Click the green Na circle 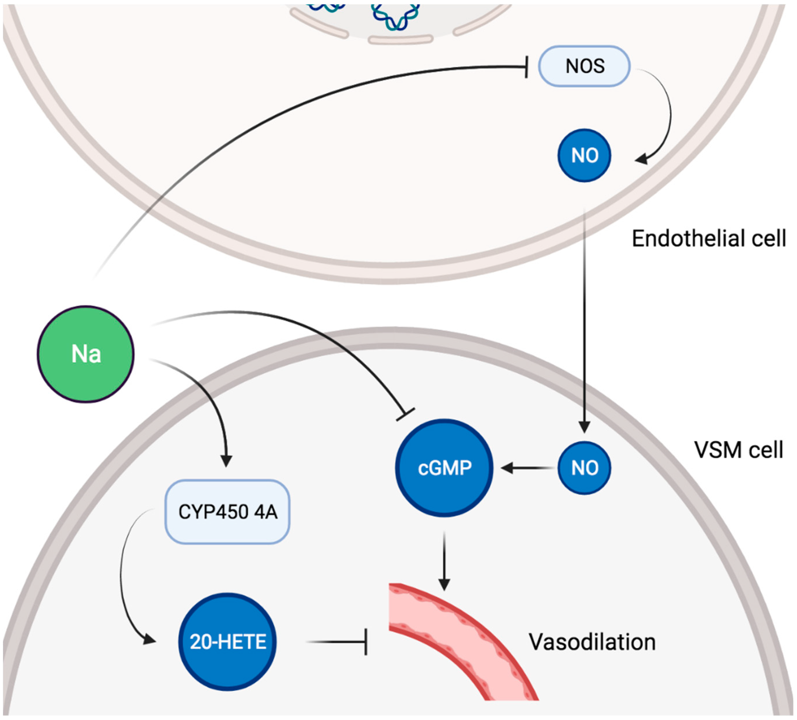pyautogui.click(x=86, y=354)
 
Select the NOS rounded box pyautogui.click(x=584, y=66)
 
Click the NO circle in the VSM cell pyautogui.click(x=584, y=468)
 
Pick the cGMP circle pyautogui.click(x=444, y=468)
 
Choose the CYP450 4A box pyautogui.click(x=227, y=512)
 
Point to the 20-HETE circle pyautogui.click(x=227, y=641)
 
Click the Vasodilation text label pyautogui.click(x=592, y=641)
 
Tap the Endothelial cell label pyautogui.click(x=709, y=238)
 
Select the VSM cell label pyautogui.click(x=738, y=450)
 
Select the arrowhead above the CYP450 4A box pyautogui.click(x=226, y=461)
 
